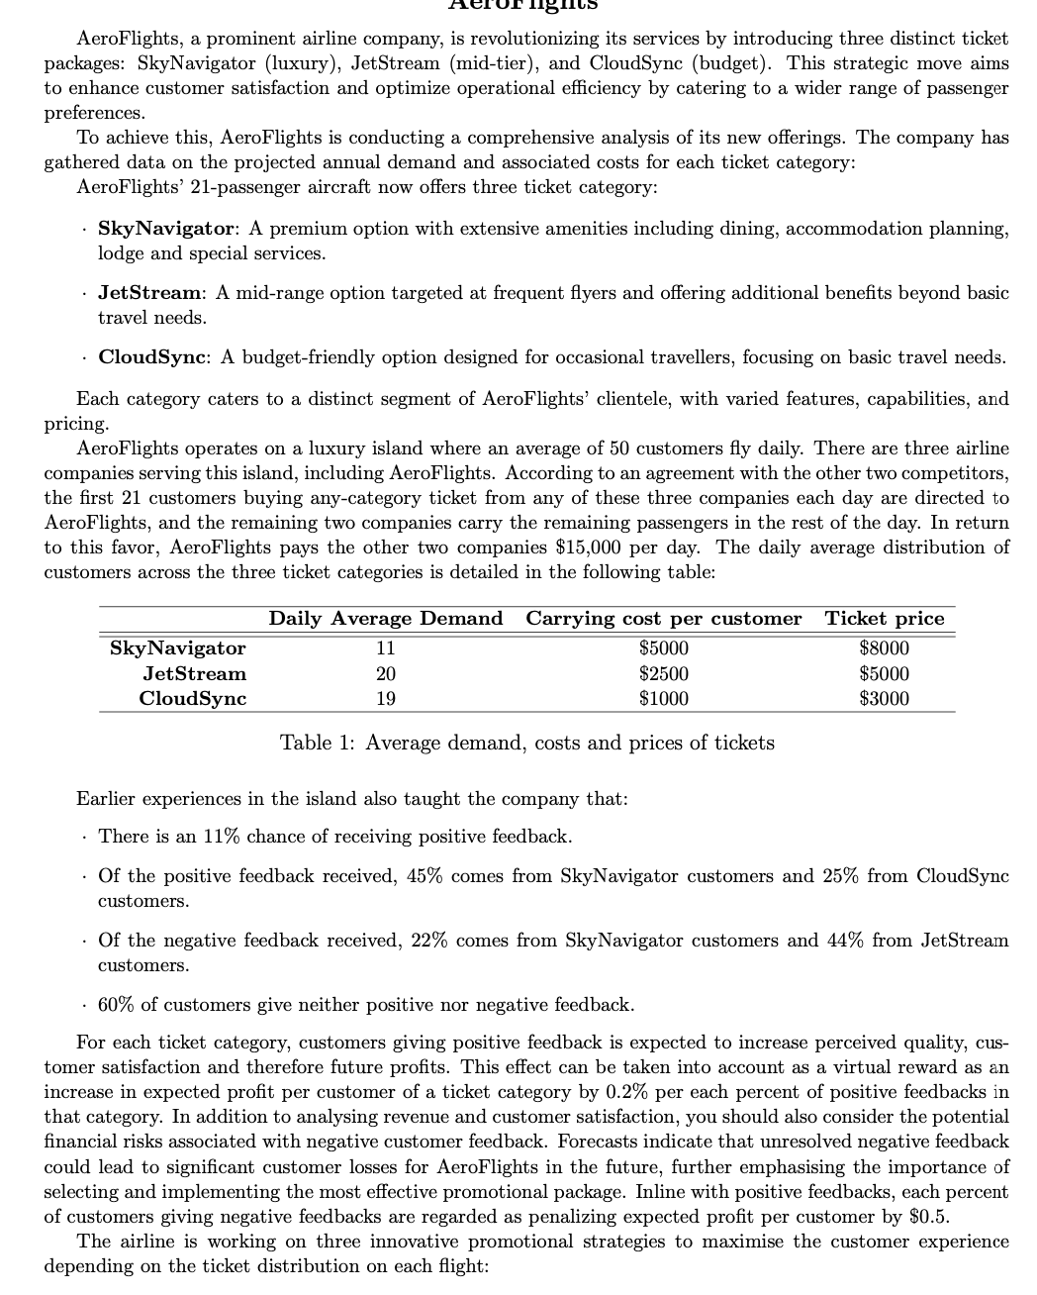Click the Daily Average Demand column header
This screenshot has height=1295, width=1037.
[x=385, y=619]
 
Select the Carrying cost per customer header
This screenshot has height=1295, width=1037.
[x=663, y=619]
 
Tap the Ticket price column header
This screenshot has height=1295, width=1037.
[x=885, y=619]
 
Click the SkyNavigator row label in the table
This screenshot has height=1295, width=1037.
[x=177, y=648]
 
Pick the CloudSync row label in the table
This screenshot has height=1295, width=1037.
[x=193, y=698]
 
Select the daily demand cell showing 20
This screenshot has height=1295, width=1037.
[x=385, y=673]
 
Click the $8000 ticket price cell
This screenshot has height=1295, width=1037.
[x=885, y=648]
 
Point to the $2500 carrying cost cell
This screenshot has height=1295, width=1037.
[x=663, y=673]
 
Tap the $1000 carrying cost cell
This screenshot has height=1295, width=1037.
[x=663, y=698]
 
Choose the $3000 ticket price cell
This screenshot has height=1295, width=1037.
[x=885, y=698]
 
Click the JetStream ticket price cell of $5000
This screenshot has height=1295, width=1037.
[x=885, y=673]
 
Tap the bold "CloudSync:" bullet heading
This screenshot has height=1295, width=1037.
[x=153, y=357]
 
